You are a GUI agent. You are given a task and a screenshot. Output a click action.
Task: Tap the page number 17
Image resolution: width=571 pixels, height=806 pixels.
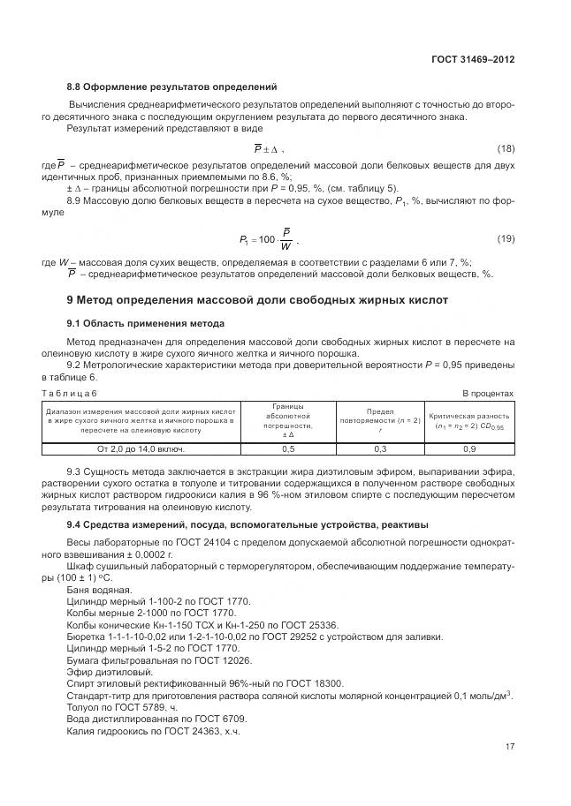click(509, 747)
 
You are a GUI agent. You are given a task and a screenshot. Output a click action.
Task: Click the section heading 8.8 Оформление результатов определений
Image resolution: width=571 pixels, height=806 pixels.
click(172, 87)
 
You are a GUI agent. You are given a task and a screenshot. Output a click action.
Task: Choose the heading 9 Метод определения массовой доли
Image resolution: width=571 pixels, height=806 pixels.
click(251, 300)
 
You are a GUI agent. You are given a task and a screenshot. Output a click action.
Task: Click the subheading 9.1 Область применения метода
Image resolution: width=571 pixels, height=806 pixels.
click(146, 322)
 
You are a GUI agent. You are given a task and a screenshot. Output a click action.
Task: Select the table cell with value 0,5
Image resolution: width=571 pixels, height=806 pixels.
click(288, 449)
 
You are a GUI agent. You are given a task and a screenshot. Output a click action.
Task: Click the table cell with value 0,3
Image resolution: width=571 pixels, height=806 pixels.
click(380, 449)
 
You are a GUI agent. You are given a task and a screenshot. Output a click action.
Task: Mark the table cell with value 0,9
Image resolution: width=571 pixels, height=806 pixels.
click(469, 449)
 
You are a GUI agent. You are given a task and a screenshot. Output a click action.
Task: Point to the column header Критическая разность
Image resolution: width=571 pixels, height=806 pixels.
click(469, 419)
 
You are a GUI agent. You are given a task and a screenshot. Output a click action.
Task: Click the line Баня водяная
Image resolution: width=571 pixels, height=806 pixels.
click(99, 590)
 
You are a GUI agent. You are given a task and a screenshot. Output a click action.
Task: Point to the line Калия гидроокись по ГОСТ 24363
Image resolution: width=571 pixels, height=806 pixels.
click(153, 731)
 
